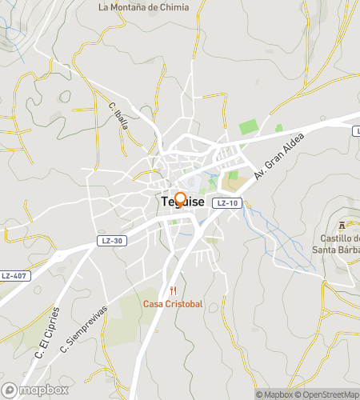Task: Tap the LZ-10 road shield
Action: (x=229, y=203)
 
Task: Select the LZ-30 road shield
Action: (x=112, y=240)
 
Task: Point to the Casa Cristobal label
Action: (x=172, y=304)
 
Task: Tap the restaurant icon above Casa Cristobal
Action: (x=172, y=291)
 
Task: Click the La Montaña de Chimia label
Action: (x=144, y=7)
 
